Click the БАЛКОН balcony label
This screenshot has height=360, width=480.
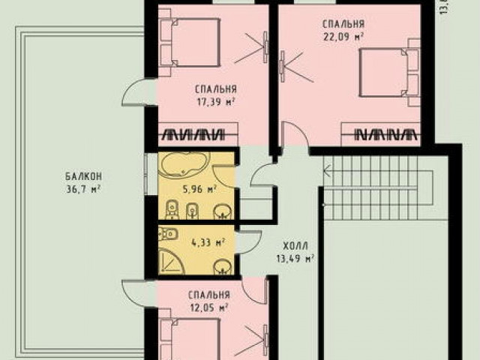[x=83, y=176]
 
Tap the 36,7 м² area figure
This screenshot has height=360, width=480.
[x=83, y=189]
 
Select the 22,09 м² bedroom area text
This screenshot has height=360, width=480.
[x=343, y=37]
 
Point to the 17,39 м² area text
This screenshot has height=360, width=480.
[x=216, y=101]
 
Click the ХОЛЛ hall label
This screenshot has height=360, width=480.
[x=295, y=246]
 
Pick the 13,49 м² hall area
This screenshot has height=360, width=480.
[x=295, y=259]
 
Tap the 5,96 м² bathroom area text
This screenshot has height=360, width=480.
[x=199, y=189]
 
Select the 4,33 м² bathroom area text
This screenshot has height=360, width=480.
[x=208, y=243]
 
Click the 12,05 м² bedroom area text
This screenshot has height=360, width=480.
[x=209, y=307]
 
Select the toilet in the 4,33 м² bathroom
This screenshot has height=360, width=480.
[x=168, y=234]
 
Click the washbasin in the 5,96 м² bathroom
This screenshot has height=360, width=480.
[x=223, y=211]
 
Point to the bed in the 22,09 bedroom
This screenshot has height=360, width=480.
[x=389, y=72]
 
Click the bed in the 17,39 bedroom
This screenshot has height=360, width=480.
[x=190, y=42]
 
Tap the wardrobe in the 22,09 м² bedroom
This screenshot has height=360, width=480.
[x=381, y=134]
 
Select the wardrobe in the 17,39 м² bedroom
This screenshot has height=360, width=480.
[x=198, y=134]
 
